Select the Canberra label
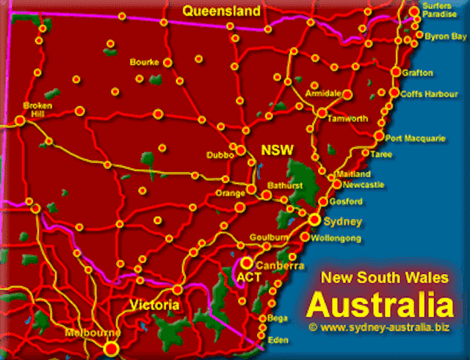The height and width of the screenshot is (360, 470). tap(279, 266)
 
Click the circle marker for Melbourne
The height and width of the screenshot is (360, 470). tap(111, 348)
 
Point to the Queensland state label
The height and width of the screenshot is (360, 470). tap(222, 11)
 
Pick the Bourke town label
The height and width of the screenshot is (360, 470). tap(144, 62)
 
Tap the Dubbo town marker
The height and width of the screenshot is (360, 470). tap(240, 150)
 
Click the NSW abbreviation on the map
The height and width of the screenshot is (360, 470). tap(278, 151)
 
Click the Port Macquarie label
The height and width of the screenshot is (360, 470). tap(414, 137)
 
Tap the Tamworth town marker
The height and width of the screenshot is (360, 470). tap(322, 112)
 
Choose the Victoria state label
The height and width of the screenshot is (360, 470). tap(153, 305)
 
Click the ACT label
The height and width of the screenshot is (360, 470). tap(247, 278)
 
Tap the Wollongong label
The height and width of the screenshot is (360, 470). tap(336, 239)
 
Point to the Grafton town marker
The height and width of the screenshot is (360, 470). tap(396, 72)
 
